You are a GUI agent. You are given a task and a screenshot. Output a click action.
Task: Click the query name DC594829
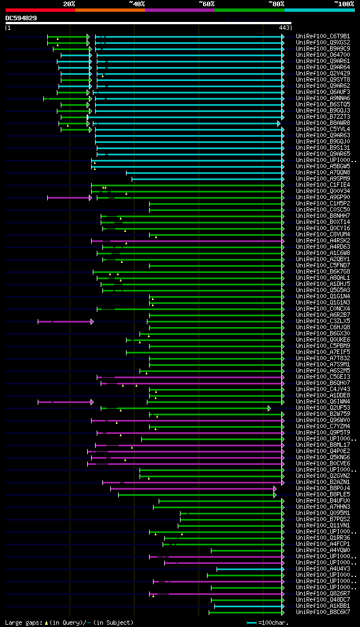click(21, 18)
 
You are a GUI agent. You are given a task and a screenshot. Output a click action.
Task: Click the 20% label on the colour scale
click(69, 3)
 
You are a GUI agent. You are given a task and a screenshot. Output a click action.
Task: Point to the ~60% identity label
click(206, 3)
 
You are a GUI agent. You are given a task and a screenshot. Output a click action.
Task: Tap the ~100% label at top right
click(344, 3)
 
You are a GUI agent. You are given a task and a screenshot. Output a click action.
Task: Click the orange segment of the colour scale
click(110, 10)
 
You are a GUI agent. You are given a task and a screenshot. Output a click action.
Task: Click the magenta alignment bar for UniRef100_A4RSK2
click(186, 240)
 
